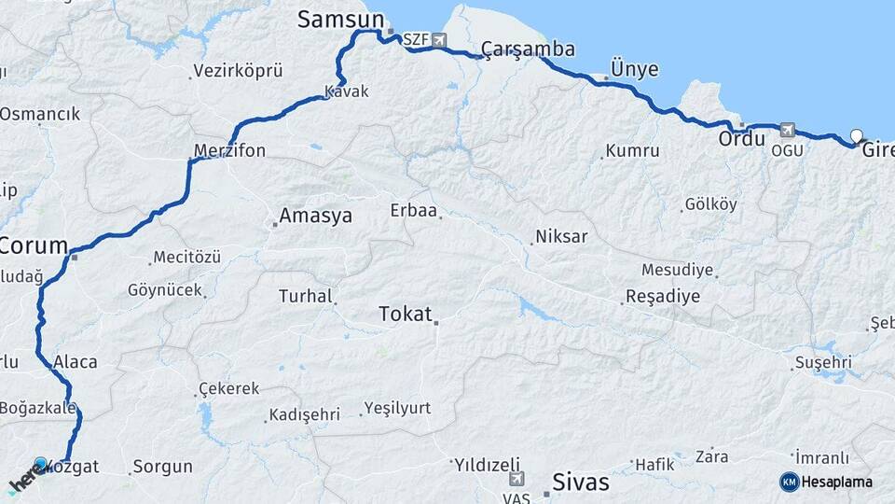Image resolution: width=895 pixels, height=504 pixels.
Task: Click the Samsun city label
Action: coord(340,20)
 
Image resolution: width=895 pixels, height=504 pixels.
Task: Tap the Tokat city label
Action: coord(406,315)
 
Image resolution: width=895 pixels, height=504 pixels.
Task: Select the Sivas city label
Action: coord(581,483)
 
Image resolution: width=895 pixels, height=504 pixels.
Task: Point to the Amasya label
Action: coord(317,217)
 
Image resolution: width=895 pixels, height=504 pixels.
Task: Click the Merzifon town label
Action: coord(229,150)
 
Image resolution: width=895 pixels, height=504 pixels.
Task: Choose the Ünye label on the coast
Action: coord(634,69)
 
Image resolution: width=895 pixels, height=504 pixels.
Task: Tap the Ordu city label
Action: coord(741,139)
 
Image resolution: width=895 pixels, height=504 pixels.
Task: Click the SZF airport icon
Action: coord(439,40)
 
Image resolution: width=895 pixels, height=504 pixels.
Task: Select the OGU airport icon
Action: coord(787,130)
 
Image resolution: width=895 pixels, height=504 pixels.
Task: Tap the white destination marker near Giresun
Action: coord(857,136)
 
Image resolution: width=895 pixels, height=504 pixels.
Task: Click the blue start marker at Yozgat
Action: coord(40,464)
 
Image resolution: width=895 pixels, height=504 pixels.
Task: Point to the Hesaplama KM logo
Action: coord(790,482)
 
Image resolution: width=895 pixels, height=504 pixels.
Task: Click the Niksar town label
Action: coord(562,237)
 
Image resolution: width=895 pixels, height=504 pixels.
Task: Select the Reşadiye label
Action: coord(662,297)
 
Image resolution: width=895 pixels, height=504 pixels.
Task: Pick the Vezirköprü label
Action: coord(237,71)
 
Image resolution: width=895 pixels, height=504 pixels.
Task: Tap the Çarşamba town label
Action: coord(528,49)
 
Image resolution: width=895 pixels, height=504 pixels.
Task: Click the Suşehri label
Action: coord(823,362)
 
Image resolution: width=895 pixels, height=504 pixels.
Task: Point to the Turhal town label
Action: coord(306,297)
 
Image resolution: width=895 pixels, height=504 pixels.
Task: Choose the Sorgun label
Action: coord(162,466)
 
